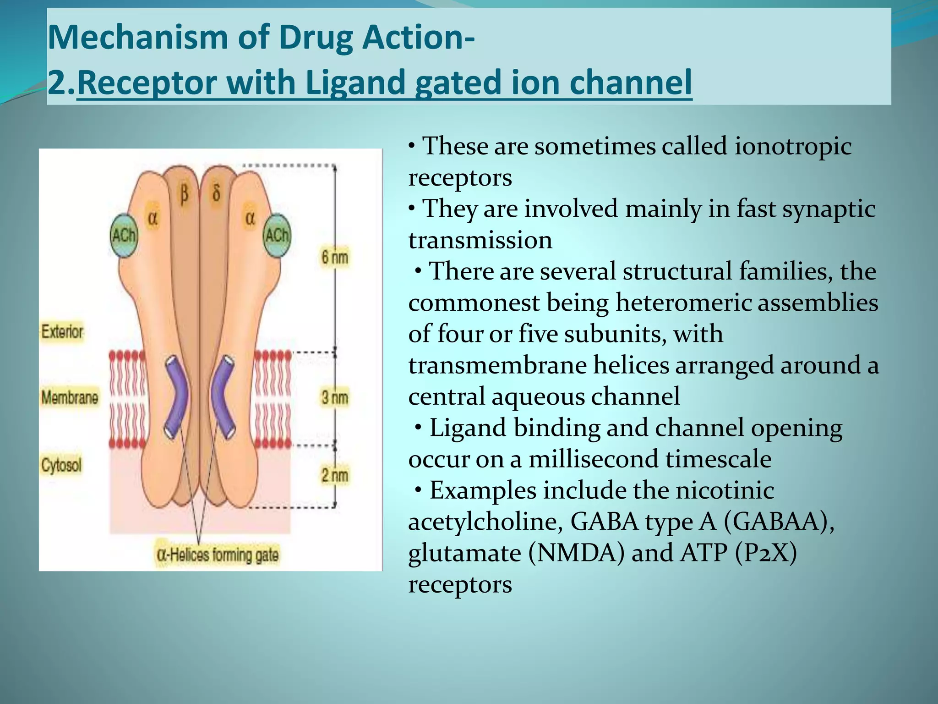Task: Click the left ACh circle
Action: point(124,236)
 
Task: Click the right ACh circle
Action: point(277,236)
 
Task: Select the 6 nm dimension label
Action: point(334,257)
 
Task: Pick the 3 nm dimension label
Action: point(334,397)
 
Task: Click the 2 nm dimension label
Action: point(334,475)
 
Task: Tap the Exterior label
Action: point(62,331)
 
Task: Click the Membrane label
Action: point(70,397)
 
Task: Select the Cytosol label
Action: point(61,465)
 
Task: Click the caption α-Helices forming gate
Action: point(218,555)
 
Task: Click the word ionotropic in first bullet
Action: point(793,147)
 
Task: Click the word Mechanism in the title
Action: point(137,37)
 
